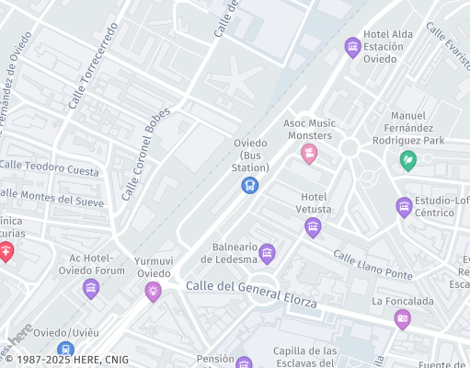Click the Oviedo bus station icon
coord(249,186)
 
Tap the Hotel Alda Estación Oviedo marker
coord(351,47)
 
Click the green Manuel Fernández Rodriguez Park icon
coord(407,161)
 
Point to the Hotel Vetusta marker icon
coord(313,227)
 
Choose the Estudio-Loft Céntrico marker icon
coord(404,207)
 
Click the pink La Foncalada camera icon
coord(402,319)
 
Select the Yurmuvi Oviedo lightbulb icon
coord(153,292)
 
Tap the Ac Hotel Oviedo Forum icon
coord(90,290)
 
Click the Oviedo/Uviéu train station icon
coord(64,350)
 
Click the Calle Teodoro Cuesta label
coord(49,168)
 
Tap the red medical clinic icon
coord(6,252)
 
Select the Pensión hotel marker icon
coord(244,363)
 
